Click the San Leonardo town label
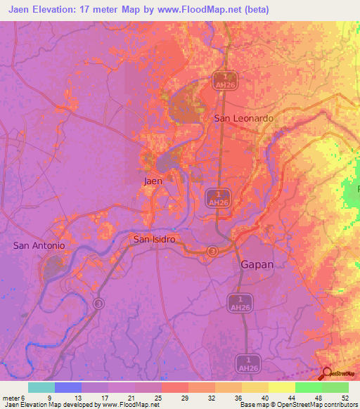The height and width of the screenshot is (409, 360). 243,119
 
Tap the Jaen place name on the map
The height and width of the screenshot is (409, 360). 153,181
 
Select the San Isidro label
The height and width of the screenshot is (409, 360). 154,240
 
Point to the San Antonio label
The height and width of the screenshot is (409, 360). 39,245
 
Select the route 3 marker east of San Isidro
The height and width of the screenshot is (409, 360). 213,251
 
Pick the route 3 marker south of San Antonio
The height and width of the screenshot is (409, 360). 98,303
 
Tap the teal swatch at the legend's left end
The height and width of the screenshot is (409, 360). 41,387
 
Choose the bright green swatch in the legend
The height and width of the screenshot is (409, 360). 309,387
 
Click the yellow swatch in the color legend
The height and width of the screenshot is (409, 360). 281,387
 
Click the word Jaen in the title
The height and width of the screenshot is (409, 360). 23,10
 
